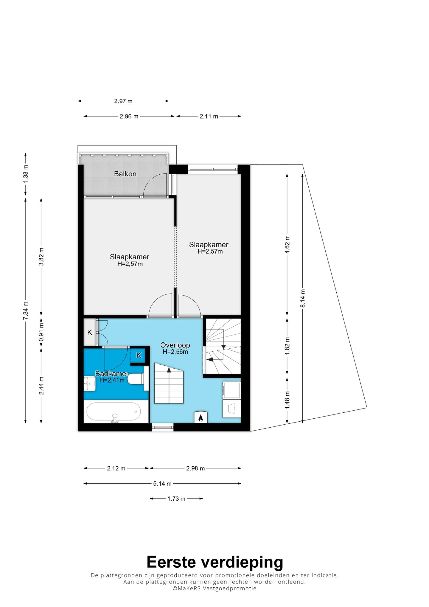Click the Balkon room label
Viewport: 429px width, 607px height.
(x=125, y=174)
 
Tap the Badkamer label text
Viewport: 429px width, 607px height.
(x=112, y=373)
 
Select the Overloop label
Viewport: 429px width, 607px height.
(x=175, y=345)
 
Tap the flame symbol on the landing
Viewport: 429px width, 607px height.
(x=200, y=417)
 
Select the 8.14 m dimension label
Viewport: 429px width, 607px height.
(x=303, y=298)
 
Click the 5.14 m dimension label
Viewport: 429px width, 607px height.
(x=162, y=483)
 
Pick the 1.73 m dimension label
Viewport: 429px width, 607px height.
(x=176, y=499)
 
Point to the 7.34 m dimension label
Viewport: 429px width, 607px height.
(x=26, y=311)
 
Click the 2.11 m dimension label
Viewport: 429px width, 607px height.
(x=209, y=116)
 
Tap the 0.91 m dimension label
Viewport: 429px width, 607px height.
(x=41, y=332)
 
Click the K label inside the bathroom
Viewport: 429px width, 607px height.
(x=139, y=355)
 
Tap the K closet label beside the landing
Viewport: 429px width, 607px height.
(x=90, y=333)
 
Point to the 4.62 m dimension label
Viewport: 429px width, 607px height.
(x=287, y=244)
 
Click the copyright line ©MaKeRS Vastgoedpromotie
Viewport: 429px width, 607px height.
(x=214, y=588)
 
